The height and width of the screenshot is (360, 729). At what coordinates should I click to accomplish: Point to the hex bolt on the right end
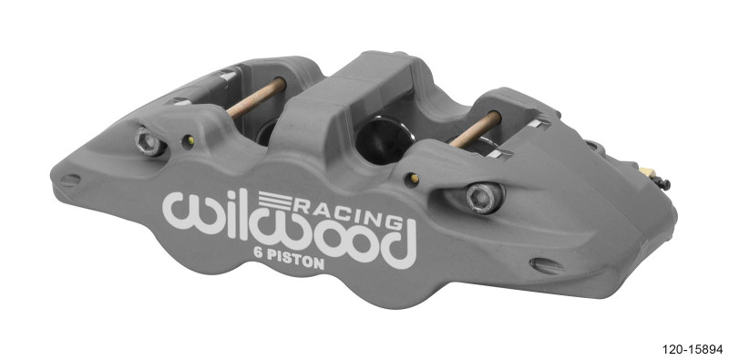pyautogui.click(x=477, y=196)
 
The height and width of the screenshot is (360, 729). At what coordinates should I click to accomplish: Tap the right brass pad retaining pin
pyautogui.click(x=474, y=130)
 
